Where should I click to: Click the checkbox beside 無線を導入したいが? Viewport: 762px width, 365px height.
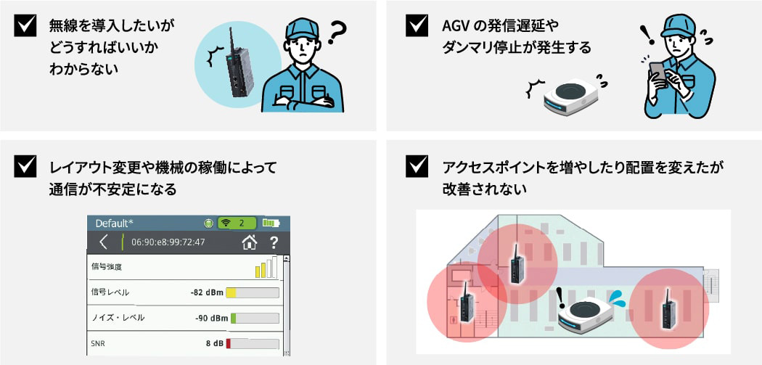pyautogui.click(x=25, y=25)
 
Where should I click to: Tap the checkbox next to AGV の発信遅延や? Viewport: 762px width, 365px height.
pyautogui.click(x=417, y=25)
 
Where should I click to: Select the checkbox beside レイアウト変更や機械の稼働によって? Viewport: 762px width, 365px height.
pyautogui.click(x=25, y=166)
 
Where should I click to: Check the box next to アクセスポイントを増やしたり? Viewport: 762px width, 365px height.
pyautogui.click(x=417, y=166)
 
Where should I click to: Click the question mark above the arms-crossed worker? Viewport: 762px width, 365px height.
pyautogui.click(x=337, y=33)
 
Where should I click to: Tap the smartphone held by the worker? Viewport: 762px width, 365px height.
pyautogui.click(x=657, y=71)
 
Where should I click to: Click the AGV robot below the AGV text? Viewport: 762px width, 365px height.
pyautogui.click(x=572, y=97)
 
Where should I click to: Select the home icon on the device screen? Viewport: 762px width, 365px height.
pyautogui.click(x=250, y=242)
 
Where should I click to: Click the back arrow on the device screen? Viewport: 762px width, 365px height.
pyautogui.click(x=103, y=242)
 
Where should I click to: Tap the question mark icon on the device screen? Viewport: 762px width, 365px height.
pyautogui.click(x=274, y=242)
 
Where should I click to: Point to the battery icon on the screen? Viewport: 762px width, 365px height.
pyautogui.click(x=271, y=223)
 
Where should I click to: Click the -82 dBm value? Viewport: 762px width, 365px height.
pyautogui.click(x=207, y=292)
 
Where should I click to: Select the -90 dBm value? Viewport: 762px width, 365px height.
pyautogui.click(x=211, y=319)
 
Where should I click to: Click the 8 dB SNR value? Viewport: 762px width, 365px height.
pyautogui.click(x=215, y=344)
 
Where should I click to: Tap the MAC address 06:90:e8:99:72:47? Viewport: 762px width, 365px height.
pyautogui.click(x=168, y=242)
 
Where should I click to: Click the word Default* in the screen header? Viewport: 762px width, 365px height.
pyautogui.click(x=114, y=223)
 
